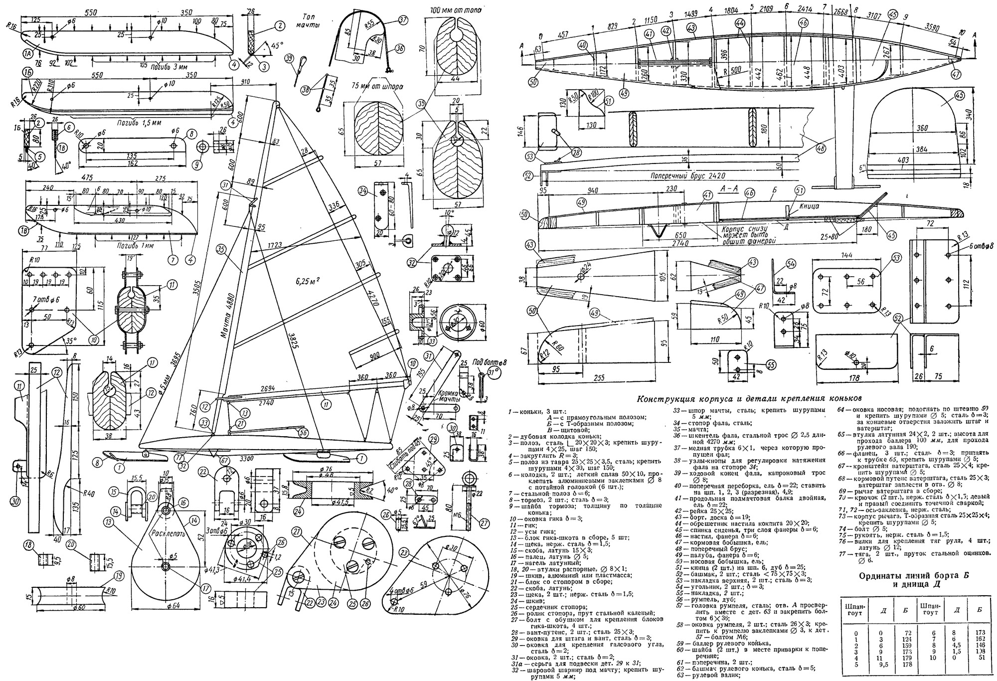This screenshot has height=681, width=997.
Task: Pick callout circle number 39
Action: [289, 59]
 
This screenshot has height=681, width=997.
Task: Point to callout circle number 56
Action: [302, 433]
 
